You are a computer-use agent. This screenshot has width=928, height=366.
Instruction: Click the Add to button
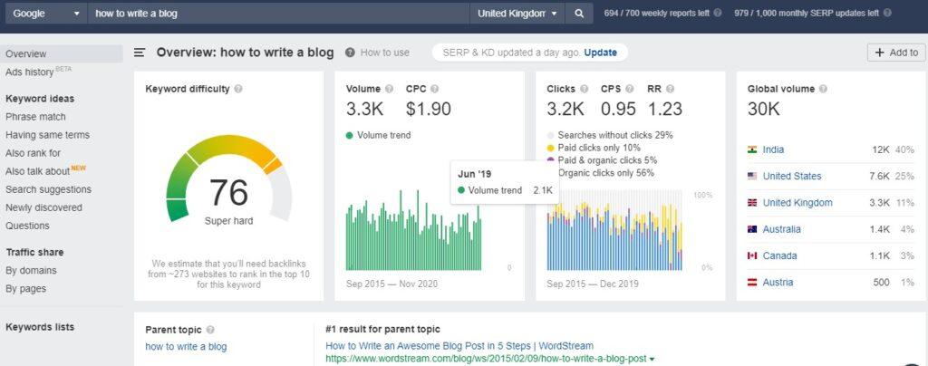point(895,53)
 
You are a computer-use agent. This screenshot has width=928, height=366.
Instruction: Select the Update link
point(600,53)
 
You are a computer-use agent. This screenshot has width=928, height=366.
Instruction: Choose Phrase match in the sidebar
point(35,117)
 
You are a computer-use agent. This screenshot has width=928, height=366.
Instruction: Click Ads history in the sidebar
point(30,72)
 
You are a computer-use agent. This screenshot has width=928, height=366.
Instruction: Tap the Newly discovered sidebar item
point(43,207)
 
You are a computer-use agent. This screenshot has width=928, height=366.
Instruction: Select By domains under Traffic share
point(31,270)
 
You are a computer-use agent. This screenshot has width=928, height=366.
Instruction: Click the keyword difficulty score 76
point(227,193)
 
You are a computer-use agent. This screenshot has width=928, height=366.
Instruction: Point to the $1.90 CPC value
point(428,110)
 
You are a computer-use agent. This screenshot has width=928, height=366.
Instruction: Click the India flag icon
point(752,149)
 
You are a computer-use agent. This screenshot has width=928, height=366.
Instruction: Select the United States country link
point(792,176)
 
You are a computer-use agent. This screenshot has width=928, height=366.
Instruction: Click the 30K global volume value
point(763,110)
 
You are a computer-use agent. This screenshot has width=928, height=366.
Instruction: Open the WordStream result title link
point(459,345)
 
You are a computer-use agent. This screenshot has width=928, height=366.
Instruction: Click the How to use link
point(384,53)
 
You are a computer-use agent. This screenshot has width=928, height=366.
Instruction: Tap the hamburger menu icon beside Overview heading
point(140,53)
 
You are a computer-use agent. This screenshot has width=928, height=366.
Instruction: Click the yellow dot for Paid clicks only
point(550,148)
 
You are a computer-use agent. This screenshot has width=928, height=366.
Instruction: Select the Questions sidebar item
point(27,226)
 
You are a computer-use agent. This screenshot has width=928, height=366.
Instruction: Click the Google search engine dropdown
point(45,14)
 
